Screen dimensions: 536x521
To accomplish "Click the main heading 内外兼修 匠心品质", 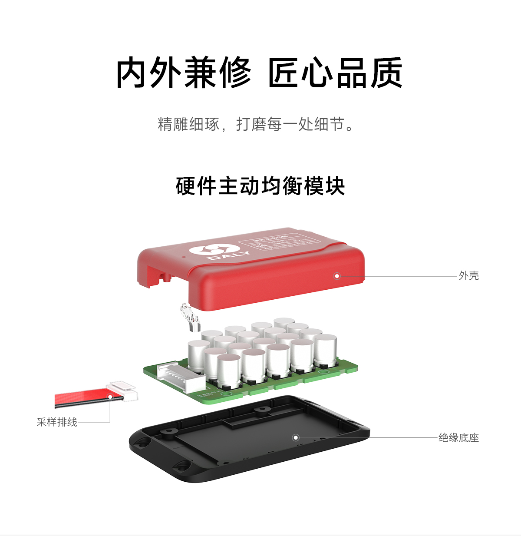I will (x=259, y=73).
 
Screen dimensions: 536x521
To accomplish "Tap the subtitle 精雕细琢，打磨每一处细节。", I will (x=256, y=125).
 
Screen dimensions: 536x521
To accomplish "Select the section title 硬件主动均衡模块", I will (x=260, y=186).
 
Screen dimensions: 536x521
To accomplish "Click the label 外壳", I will (x=468, y=276).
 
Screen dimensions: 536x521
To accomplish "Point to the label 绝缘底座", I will (x=458, y=438).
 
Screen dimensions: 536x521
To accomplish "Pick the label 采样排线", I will (x=57, y=422).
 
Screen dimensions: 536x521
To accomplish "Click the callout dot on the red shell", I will (x=337, y=276).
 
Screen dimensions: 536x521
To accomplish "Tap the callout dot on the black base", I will (x=296, y=437).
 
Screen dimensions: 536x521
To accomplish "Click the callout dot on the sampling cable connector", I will (x=110, y=397).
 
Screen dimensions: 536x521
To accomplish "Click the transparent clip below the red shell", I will (x=190, y=318).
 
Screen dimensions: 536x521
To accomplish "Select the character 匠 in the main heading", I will (x=284, y=73).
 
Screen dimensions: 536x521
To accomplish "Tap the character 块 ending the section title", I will (x=335, y=186).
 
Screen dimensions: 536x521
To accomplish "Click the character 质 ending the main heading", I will (x=386, y=73).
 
